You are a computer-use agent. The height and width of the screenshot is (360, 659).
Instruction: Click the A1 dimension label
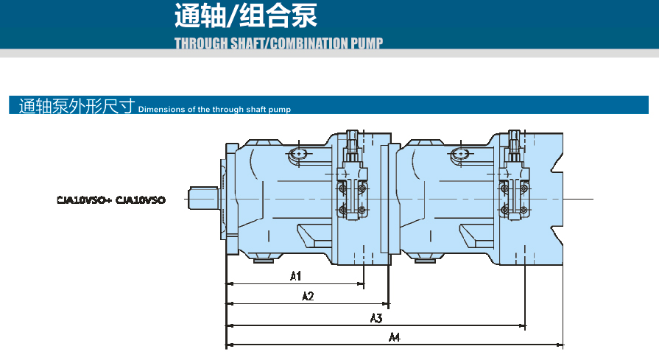[x=295, y=276]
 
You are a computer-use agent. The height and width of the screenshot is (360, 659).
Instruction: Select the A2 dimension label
[x=309, y=296]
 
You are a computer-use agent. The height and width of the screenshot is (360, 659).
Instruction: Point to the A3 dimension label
[x=376, y=318]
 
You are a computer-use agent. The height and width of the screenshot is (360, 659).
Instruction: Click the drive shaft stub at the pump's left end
[x=202, y=198]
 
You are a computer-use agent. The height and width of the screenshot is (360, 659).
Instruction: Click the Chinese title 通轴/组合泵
[x=246, y=15]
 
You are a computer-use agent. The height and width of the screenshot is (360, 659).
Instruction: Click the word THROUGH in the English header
[x=201, y=43]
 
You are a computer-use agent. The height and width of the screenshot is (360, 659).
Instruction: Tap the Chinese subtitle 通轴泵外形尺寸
[x=77, y=107]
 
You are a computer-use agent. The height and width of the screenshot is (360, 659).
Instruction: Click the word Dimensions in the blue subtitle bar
[x=161, y=110]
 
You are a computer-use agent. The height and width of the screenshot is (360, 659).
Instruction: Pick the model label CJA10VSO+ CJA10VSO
[x=111, y=200]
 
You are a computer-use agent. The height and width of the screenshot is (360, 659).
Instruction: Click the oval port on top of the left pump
[x=299, y=154]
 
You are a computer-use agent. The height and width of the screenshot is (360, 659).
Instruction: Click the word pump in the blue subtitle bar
[x=281, y=110]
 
